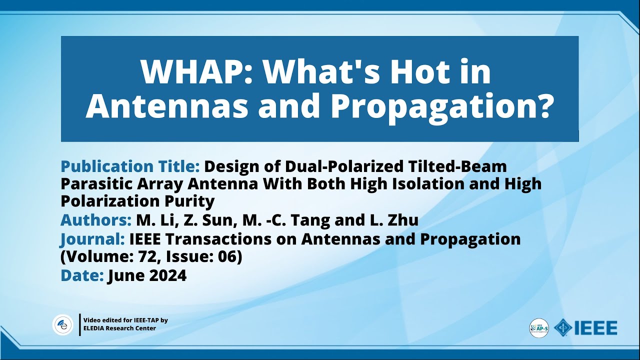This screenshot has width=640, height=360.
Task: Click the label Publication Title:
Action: pos(130,166)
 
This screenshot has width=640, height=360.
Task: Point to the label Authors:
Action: pos(95,220)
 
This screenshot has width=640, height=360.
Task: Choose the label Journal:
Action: pos(92,239)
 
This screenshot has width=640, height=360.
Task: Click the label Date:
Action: pos(81,275)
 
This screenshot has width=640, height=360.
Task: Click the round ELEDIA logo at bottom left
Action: pos(63,325)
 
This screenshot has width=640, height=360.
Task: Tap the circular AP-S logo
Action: pos(539,328)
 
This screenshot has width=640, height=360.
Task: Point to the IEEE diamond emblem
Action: pos(563,328)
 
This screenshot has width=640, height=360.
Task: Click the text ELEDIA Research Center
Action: pos(119,328)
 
